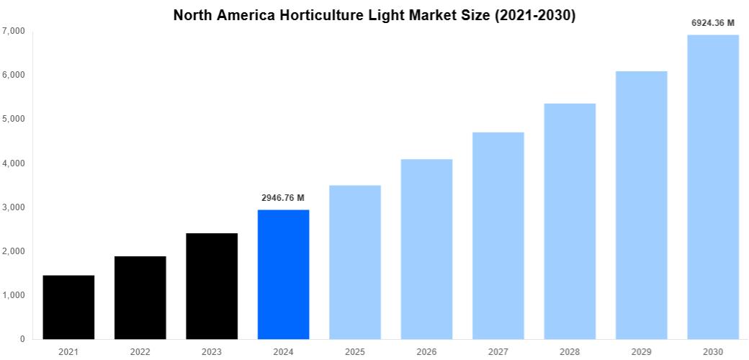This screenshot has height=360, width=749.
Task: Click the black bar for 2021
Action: click(x=68, y=307)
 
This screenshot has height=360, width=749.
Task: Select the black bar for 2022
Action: click(x=140, y=297)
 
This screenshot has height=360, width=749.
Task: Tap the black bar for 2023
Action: click(x=212, y=286)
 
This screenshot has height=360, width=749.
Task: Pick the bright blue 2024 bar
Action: click(x=283, y=274)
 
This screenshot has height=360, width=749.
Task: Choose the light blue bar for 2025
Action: click(x=355, y=262)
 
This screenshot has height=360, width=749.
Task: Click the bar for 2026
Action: click(x=426, y=249)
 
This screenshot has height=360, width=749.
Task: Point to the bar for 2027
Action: click(x=498, y=235)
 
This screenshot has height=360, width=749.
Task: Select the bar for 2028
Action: click(x=570, y=221)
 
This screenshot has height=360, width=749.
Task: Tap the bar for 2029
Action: click(x=641, y=205)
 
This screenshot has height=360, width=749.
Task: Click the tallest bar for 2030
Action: click(x=713, y=187)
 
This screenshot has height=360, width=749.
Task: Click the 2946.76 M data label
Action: click(x=283, y=197)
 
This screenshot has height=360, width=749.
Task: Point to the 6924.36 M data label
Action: click(x=713, y=23)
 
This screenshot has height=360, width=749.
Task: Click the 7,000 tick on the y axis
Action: click(x=14, y=31)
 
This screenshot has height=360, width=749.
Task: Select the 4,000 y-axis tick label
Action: click(x=14, y=163)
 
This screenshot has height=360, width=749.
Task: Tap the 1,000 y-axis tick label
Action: click(x=14, y=295)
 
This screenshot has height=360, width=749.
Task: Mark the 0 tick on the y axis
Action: click(x=22, y=339)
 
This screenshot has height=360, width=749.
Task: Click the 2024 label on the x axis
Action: click(x=283, y=351)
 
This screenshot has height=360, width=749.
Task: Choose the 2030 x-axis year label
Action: click(x=713, y=351)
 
